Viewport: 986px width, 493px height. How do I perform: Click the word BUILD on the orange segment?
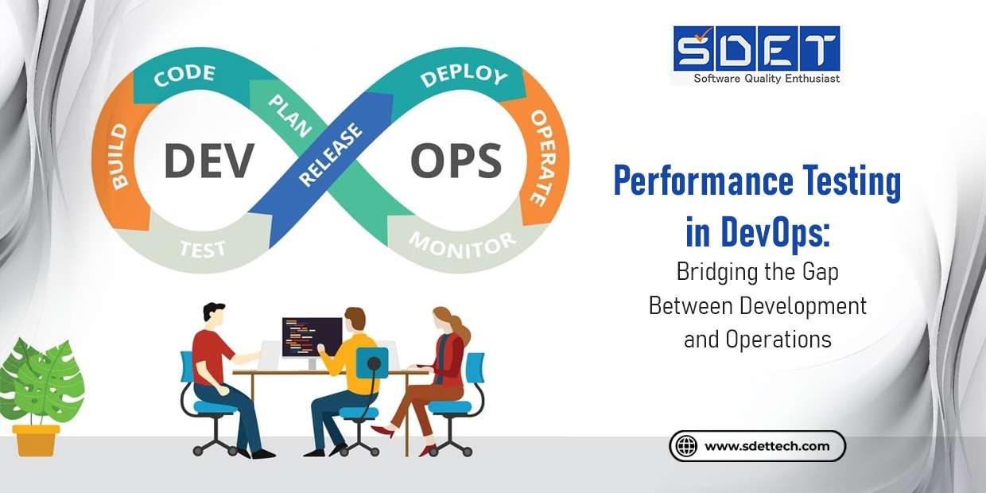(118, 157)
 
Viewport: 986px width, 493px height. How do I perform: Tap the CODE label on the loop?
(184, 76)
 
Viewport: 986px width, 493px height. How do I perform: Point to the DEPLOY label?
(464, 76)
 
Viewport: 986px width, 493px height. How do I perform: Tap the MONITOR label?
(462, 241)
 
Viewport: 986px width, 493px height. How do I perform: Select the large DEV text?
(208, 161)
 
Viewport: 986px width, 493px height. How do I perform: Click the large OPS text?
(455, 161)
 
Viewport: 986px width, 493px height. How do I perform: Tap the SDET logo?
(756, 49)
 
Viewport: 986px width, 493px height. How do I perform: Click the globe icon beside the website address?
(685, 446)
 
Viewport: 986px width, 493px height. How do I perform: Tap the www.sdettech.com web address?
(767, 446)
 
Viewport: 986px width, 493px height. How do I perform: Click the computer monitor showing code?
(312, 338)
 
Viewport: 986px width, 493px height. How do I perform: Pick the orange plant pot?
(36, 440)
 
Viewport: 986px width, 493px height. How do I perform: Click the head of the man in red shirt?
(214, 313)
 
